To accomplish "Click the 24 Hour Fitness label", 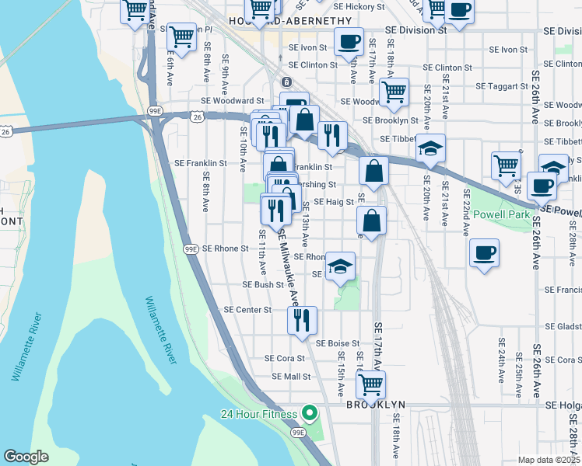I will coord(259,412).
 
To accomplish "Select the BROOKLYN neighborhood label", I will coord(376,405).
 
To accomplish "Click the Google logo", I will coord(26,457).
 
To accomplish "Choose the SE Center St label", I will coord(247,309).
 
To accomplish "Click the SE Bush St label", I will coord(263,285).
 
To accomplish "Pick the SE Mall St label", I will coord(291,377).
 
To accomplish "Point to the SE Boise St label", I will coord(337,343).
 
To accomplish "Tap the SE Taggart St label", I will coord(502,85).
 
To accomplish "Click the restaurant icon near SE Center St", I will coord(300,319).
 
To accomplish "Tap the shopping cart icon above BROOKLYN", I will coord(370,383).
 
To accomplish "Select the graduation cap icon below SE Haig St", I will coord(340,266).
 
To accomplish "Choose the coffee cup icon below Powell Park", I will coord(484,252).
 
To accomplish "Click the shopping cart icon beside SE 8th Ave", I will coord(181,36).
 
